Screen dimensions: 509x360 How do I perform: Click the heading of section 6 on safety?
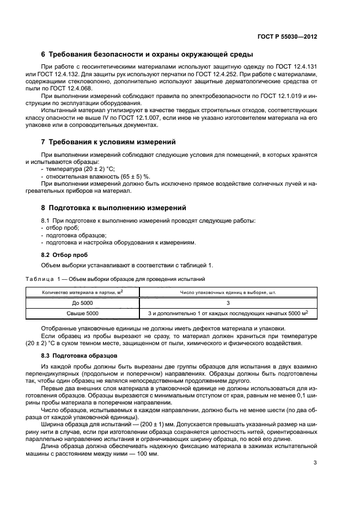click(x=147, y=54)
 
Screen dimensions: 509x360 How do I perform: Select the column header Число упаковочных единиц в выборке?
click(x=228, y=292)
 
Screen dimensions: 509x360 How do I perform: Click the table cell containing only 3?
click(x=228, y=303)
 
